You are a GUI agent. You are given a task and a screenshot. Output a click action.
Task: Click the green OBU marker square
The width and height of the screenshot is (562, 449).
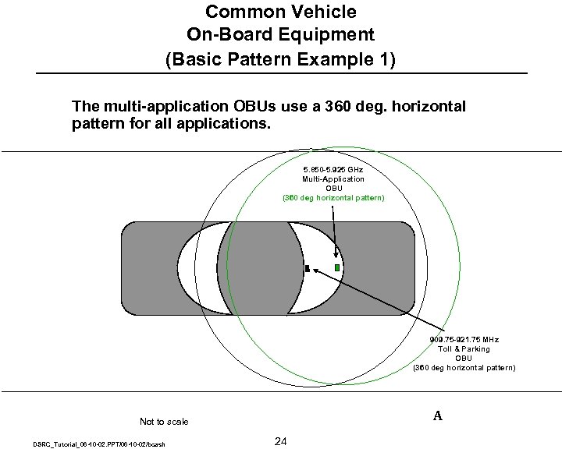pos(337,267)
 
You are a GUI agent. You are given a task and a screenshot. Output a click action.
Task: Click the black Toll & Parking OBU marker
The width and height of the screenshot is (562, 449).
pos(308,269)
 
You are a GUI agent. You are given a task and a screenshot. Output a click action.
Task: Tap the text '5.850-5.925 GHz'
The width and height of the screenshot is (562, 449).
pos(333,169)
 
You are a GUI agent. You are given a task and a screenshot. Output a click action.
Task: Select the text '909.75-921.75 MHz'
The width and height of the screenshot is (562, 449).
pos(464,340)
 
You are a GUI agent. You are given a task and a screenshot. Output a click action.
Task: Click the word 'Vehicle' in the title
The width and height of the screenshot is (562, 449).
pos(318,12)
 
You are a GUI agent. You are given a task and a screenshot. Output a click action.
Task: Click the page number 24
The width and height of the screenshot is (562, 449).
pos(281,442)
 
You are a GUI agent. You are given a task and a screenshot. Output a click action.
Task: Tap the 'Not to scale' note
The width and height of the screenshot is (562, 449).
pos(164,422)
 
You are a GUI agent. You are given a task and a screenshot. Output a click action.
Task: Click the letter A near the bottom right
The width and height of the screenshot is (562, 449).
pos(438,415)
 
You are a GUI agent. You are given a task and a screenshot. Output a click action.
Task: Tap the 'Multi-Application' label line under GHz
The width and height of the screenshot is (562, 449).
pos(333,179)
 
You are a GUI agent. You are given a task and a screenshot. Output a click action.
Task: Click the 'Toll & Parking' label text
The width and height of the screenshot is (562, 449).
pos(464,349)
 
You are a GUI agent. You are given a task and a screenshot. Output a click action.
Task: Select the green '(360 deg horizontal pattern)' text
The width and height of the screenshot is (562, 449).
pos(333,197)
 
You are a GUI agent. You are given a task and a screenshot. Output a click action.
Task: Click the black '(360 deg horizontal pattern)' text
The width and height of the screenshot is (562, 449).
pos(464,367)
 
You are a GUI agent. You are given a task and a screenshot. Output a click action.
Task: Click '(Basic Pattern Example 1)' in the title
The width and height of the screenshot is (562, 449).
pos(281,59)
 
